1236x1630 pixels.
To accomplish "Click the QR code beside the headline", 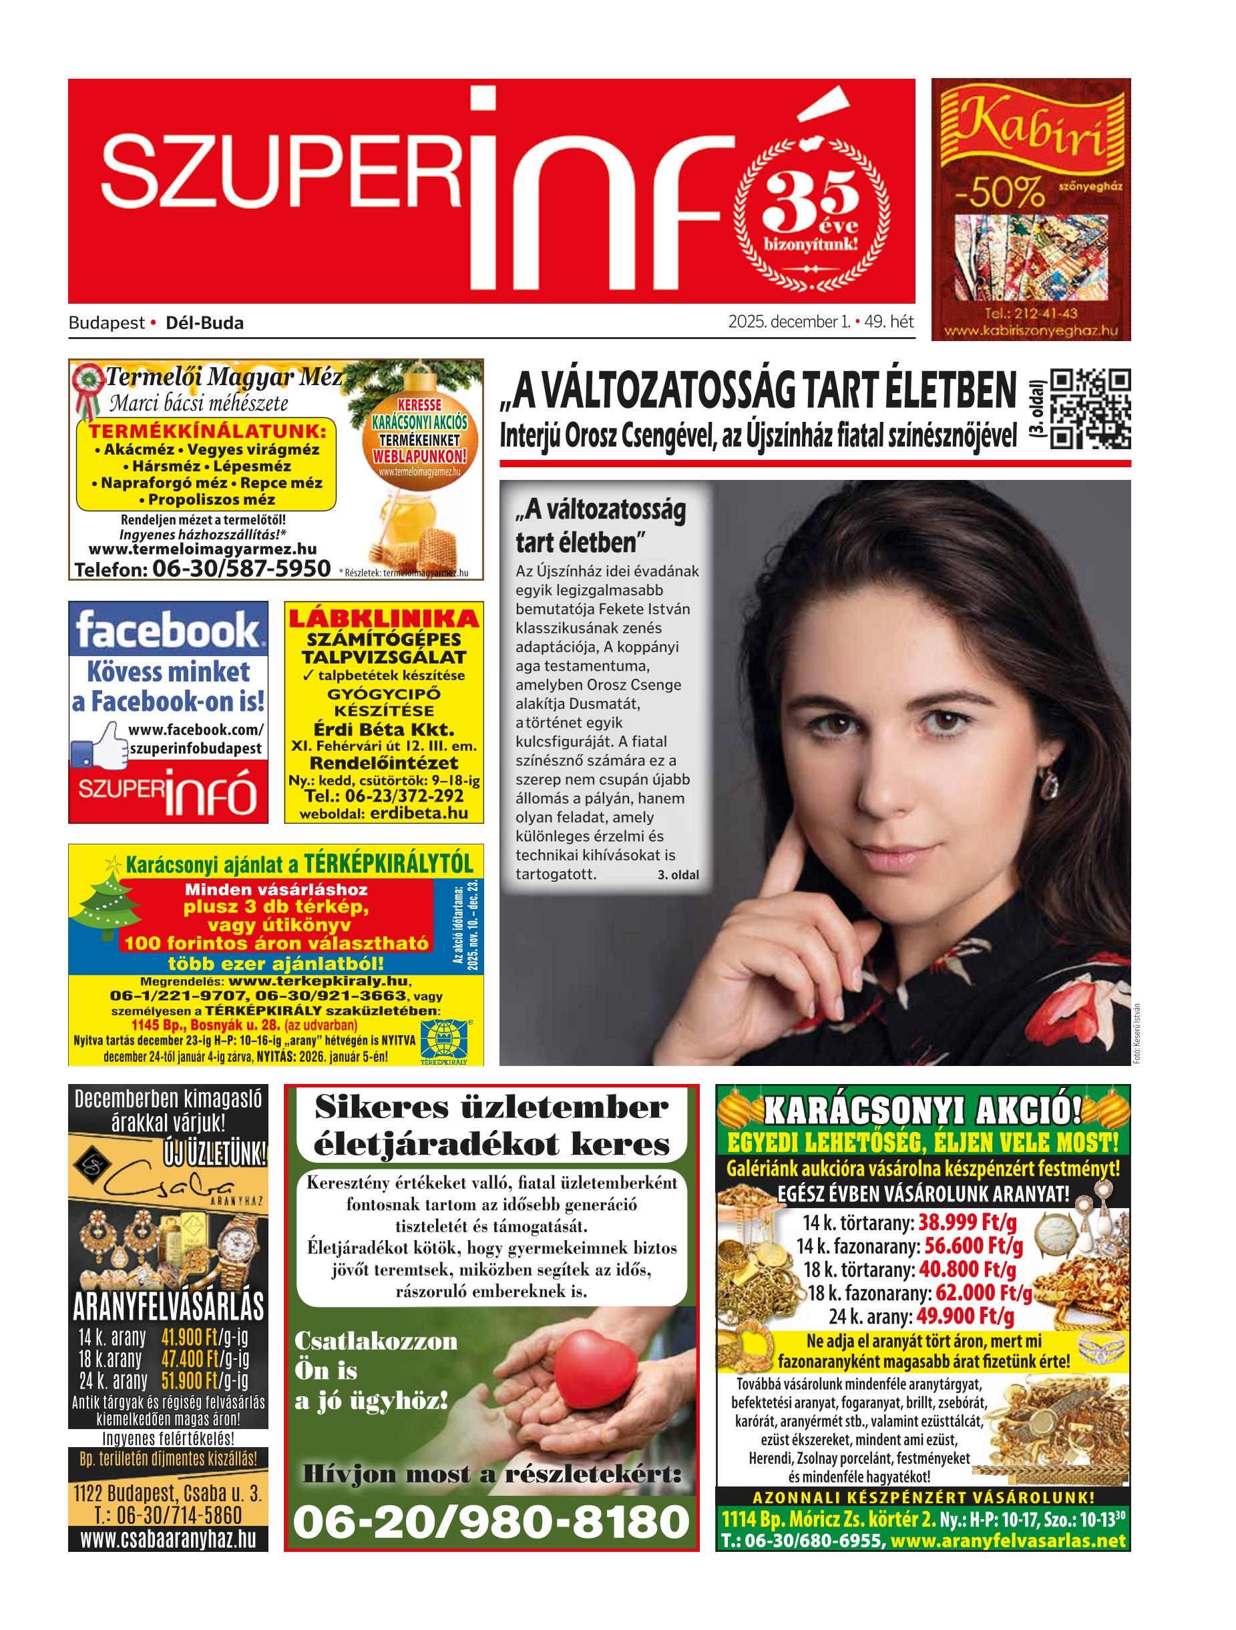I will point(1088,409).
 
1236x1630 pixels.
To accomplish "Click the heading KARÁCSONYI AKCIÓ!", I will point(922,1111).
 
